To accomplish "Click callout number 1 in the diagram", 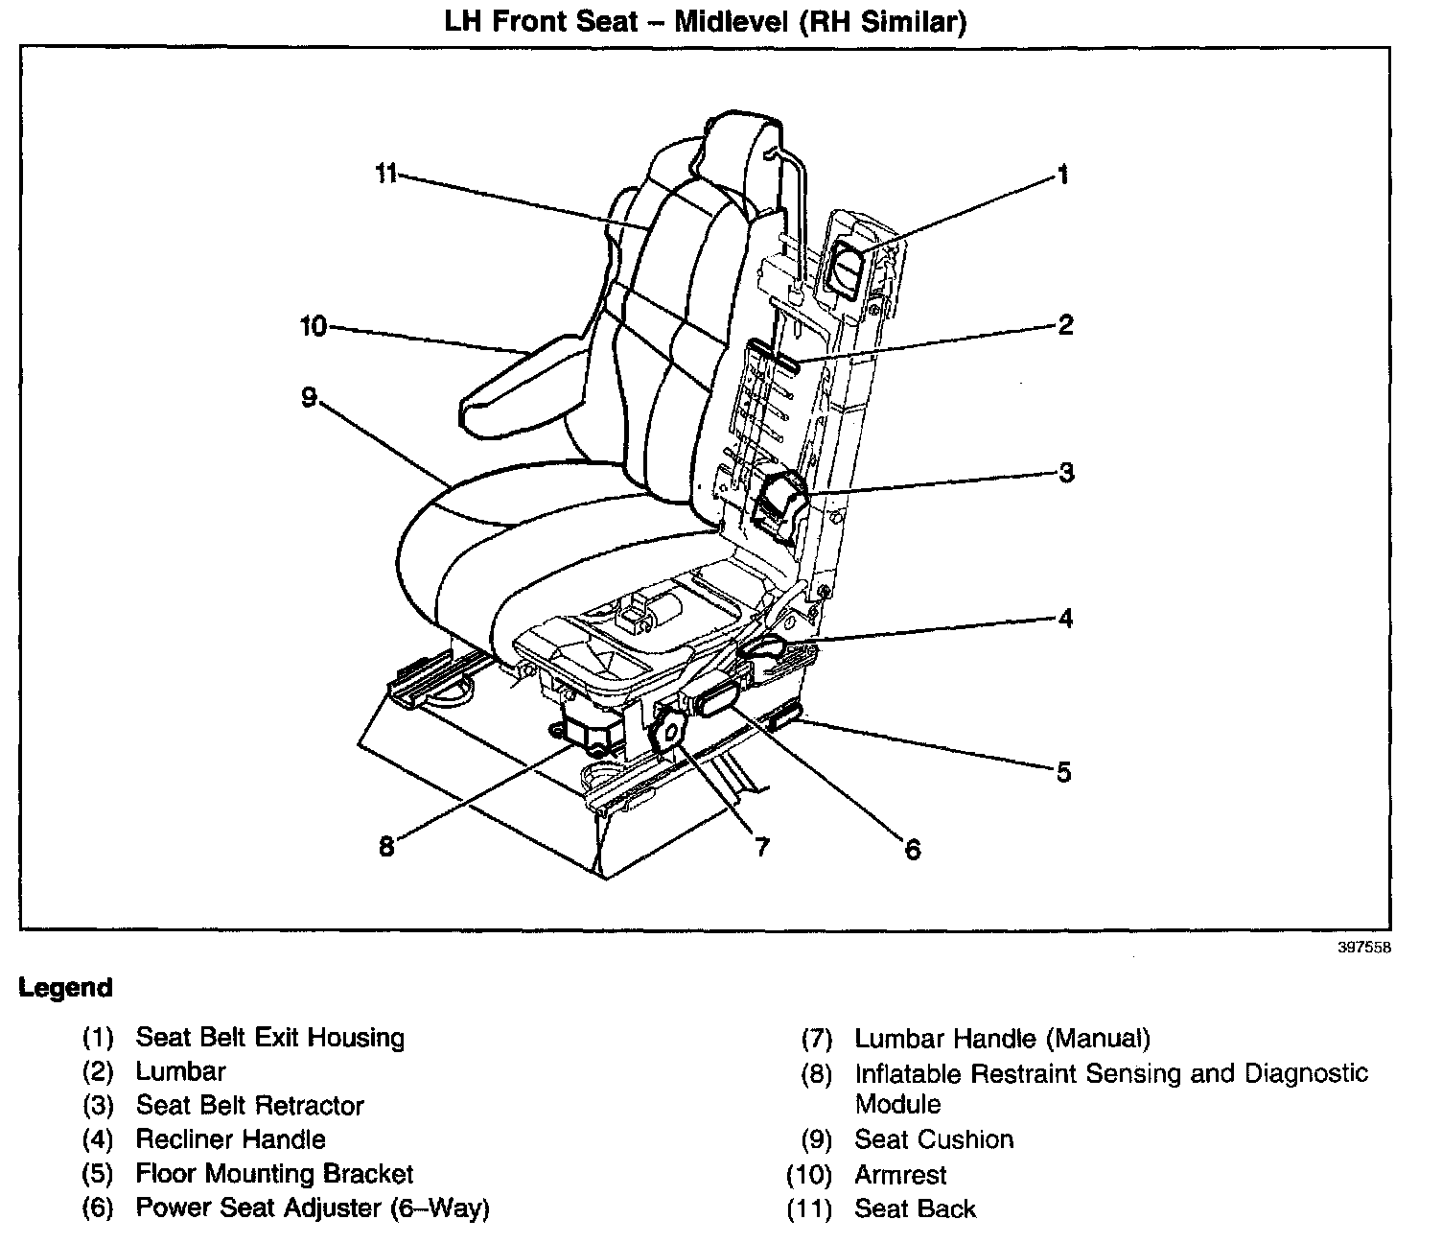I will click(1061, 175).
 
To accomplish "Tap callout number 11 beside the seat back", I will click(385, 175).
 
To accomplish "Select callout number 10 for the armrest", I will click(314, 327).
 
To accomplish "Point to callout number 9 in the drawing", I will click(309, 397).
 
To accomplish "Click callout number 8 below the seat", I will click(386, 846).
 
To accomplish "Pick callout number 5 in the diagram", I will click(1063, 772).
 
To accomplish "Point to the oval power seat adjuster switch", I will click(717, 700).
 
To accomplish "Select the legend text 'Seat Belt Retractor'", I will click(250, 1106).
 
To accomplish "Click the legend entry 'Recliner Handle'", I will click(231, 1139).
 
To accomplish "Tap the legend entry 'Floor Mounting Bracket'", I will click(274, 1174).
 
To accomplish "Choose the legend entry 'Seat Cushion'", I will click(934, 1139).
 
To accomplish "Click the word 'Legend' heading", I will click(65, 988).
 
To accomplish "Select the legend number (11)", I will click(807, 1209).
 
